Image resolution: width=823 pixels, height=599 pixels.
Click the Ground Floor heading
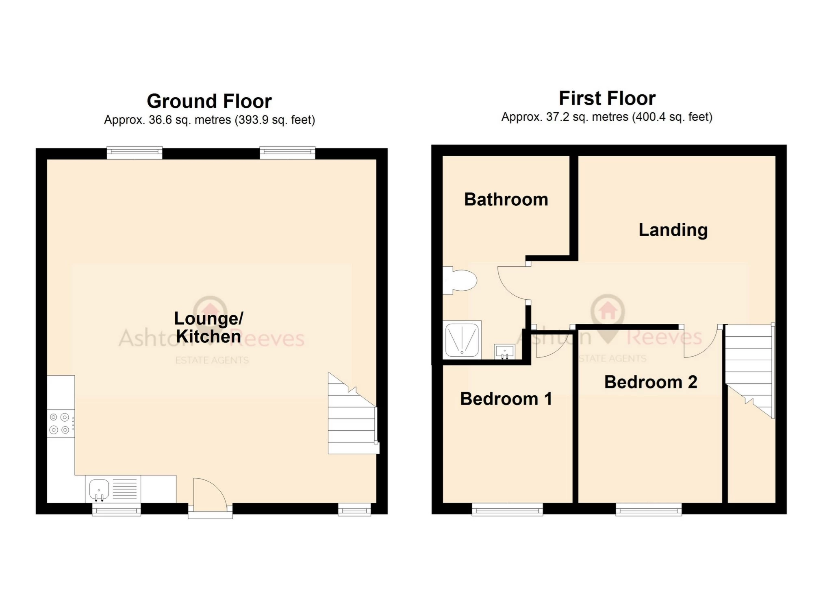[x=209, y=101]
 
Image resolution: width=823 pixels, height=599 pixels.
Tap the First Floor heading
[x=607, y=98]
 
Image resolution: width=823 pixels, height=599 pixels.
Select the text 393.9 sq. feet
[x=275, y=120]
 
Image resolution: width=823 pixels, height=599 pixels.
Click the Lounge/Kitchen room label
[x=208, y=327]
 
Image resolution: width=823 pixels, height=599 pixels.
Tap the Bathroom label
[x=506, y=200]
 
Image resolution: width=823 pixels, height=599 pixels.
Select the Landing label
[x=673, y=230]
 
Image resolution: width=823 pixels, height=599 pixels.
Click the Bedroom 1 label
[x=506, y=399]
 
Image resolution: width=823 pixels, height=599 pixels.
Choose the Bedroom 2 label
[x=651, y=382]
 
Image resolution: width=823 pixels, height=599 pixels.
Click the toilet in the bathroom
[x=460, y=280]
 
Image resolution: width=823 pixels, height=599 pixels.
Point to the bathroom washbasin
[x=504, y=352]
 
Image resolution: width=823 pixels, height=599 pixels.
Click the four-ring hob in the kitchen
[x=60, y=423]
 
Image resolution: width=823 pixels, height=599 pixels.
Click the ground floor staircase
[x=352, y=419]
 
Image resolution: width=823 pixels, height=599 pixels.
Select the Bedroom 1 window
[x=507, y=509]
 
